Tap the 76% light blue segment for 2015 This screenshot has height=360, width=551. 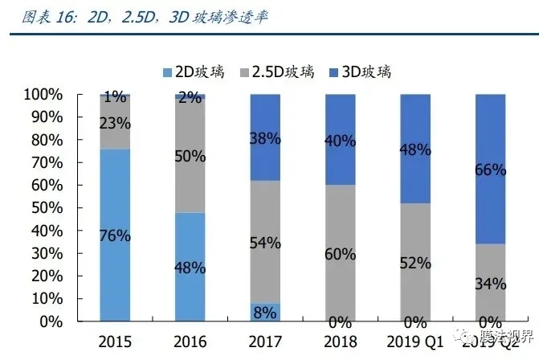click(115, 235)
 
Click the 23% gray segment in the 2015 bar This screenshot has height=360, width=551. click(115, 123)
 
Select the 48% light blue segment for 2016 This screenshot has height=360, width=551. click(190, 266)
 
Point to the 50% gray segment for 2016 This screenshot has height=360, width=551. click(190, 156)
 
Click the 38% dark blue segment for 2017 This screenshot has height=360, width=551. click(265, 137)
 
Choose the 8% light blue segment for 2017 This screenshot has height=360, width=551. click(265, 312)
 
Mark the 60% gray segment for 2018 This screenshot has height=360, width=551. click(341, 253)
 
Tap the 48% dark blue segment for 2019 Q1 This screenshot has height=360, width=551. click(416, 149)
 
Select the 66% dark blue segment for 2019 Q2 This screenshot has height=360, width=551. click(491, 169)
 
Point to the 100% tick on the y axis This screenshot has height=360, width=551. click(43, 95)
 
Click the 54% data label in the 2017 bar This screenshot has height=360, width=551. click(265, 243)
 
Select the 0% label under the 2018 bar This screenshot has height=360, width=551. click(341, 321)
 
